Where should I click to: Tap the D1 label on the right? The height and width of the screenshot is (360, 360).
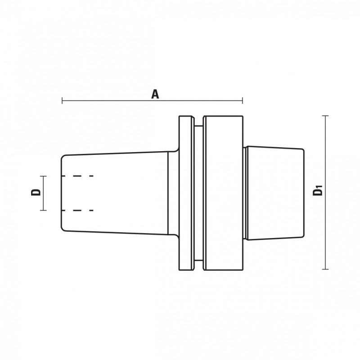pyautogui.click(x=318, y=193)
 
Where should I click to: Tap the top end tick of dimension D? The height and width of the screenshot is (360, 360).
pyautogui.click(x=44, y=175)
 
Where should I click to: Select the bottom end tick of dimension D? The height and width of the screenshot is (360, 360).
pyautogui.click(x=44, y=210)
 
